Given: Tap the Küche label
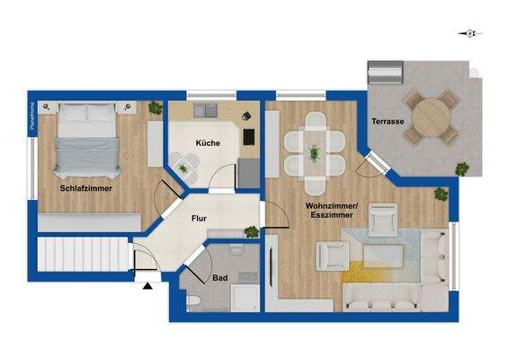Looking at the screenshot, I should [209, 143].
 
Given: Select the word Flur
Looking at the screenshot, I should [200, 218].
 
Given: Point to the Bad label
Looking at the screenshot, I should [220, 278].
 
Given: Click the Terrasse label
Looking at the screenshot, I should [387, 121].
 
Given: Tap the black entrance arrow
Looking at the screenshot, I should [147, 286].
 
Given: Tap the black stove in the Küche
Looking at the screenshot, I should [247, 138].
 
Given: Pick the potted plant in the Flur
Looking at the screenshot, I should [252, 232].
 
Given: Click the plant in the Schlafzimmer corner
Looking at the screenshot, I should [155, 110].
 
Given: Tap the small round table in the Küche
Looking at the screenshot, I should [187, 162].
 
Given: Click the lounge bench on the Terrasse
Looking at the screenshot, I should [388, 71].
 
